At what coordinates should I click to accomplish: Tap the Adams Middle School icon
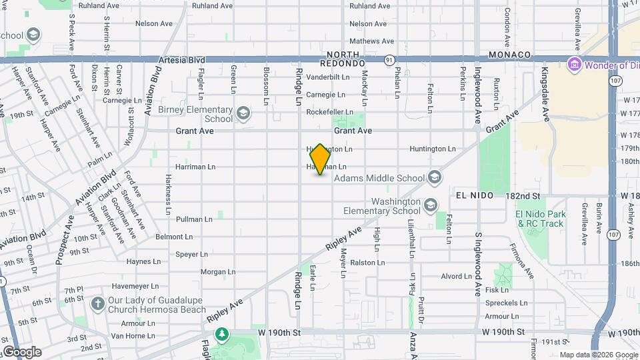tap(435, 177)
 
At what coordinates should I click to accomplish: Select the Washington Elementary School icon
tap(430, 205)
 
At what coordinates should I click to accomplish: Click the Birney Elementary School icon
tap(243, 113)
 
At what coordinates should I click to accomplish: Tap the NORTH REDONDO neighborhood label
tap(343, 58)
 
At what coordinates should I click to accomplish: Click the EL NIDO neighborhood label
tap(475, 195)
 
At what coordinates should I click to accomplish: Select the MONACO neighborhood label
tap(509, 55)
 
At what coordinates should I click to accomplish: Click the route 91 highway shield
tap(388, 60)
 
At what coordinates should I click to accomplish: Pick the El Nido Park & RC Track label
tap(540, 219)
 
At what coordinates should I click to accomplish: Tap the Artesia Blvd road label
tap(181, 60)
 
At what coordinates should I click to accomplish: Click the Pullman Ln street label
tap(194, 219)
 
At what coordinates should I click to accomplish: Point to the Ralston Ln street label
tap(367, 263)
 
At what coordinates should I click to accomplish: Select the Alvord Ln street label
tap(456, 276)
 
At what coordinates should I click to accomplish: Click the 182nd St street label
tap(522, 196)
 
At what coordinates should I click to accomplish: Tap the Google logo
tap(22, 351)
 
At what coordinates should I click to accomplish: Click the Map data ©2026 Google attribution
tap(598, 355)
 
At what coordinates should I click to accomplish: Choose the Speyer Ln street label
tap(191, 254)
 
